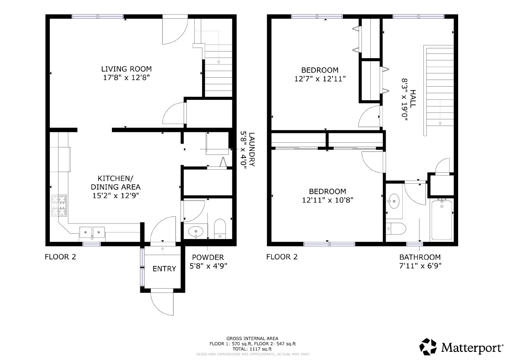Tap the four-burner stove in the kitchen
coord(59,206)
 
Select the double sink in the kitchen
coord(92,232)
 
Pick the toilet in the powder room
coord(220,229)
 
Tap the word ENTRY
coord(164,269)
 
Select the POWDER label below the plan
coord(208,257)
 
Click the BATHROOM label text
coord(420,257)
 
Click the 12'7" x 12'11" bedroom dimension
coord(320,78)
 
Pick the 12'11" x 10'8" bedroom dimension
coord(328,200)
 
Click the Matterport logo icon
coord(429,346)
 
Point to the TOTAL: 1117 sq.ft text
coord(252,349)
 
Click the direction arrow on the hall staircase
coord(440,113)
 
